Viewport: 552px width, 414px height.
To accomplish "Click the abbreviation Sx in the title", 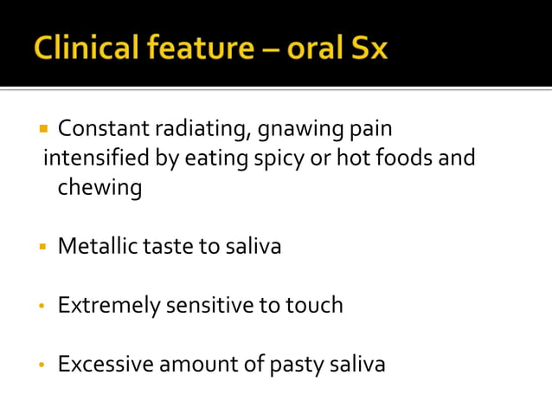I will click(367, 47).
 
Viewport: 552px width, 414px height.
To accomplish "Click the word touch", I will click(315, 305).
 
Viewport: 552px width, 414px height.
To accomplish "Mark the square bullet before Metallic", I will click(42, 247).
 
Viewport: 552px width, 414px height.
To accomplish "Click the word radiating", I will click(196, 130).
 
